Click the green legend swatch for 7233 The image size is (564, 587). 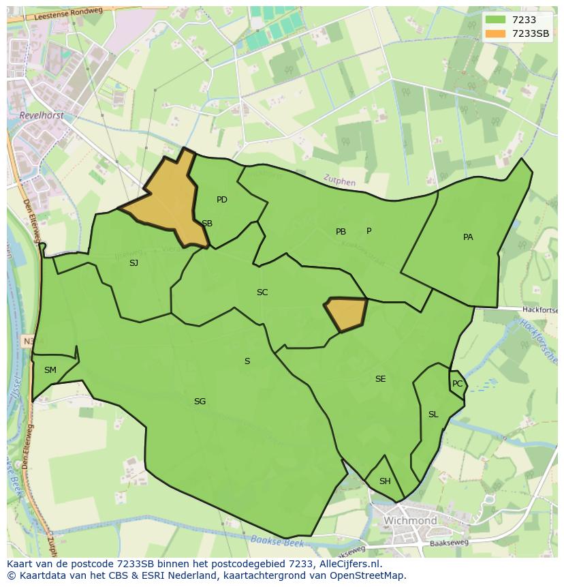pyautogui.click(x=496, y=20)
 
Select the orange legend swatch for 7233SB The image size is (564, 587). pyautogui.click(x=496, y=33)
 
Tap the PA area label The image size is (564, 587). pyautogui.click(x=468, y=237)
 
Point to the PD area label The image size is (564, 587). pyautogui.click(x=222, y=200)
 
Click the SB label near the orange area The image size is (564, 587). pyautogui.click(x=207, y=224)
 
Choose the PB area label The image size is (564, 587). pyautogui.click(x=341, y=232)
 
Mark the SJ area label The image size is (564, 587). pyautogui.click(x=134, y=262)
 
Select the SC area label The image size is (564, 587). pyautogui.click(x=262, y=292)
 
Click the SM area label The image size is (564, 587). pyautogui.click(x=50, y=370)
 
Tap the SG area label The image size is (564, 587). pyautogui.click(x=200, y=402)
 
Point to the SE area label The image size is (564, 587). pyautogui.click(x=380, y=379)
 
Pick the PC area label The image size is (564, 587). pyautogui.click(x=457, y=384)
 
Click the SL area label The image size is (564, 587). pyautogui.click(x=433, y=415)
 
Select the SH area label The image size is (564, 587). pyautogui.click(x=385, y=481)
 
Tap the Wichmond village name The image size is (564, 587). pyautogui.click(x=410, y=521)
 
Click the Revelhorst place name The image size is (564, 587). pyautogui.click(x=42, y=116)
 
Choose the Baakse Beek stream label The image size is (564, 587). pyautogui.click(x=276, y=541)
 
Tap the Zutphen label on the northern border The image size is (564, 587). pyautogui.click(x=339, y=182)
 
